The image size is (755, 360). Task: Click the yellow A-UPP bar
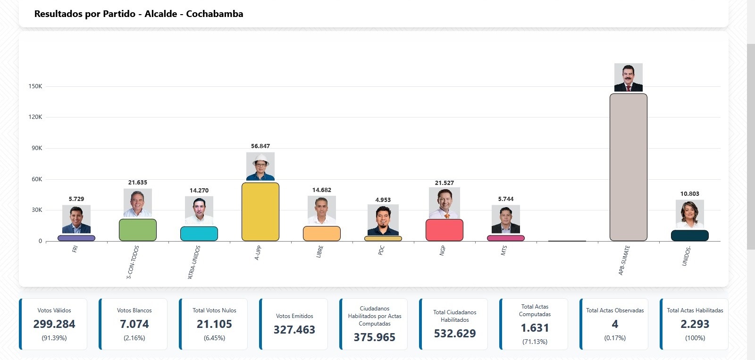(x=260, y=212)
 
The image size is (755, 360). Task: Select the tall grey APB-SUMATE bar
(x=628, y=167)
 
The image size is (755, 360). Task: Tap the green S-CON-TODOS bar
(x=138, y=230)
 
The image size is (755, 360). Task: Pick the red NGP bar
(x=445, y=230)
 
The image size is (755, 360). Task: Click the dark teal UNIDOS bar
(x=689, y=235)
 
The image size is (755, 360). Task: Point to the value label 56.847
(x=260, y=146)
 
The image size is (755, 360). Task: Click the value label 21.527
(x=445, y=183)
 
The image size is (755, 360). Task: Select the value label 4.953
(x=383, y=200)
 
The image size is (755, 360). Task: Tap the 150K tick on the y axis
(x=35, y=86)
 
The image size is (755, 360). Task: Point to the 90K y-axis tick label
(x=37, y=148)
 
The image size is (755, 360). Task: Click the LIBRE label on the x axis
(x=320, y=251)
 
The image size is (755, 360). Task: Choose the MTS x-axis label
(x=504, y=251)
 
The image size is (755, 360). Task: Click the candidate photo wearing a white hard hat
(x=260, y=166)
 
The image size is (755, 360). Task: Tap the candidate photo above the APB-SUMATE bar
(x=628, y=77)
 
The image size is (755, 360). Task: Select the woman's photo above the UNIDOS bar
(x=689, y=214)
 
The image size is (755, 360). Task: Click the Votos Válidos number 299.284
(x=54, y=324)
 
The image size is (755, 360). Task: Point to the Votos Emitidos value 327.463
(x=294, y=330)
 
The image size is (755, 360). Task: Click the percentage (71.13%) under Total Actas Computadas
(x=535, y=342)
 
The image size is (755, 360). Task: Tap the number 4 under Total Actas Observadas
(x=615, y=324)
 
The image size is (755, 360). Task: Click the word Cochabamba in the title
(x=215, y=14)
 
